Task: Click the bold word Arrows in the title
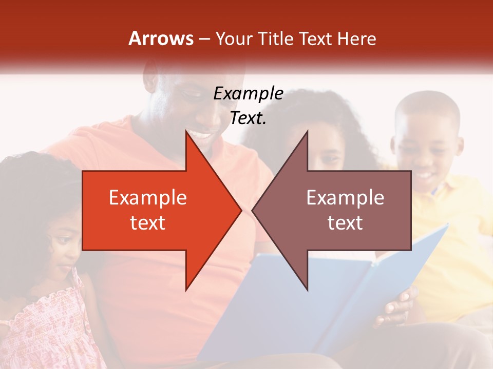pos(161,38)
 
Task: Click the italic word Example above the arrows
pos(248,94)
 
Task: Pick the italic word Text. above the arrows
pos(248,118)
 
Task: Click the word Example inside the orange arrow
pos(148,198)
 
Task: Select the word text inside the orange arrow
pos(148,222)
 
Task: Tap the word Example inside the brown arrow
pos(345,198)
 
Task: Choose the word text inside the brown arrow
pos(345,222)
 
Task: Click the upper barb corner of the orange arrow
pos(186,132)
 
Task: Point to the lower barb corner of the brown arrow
pos(307,290)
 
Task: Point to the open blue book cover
pos(308,297)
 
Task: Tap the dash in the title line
pos(204,39)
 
